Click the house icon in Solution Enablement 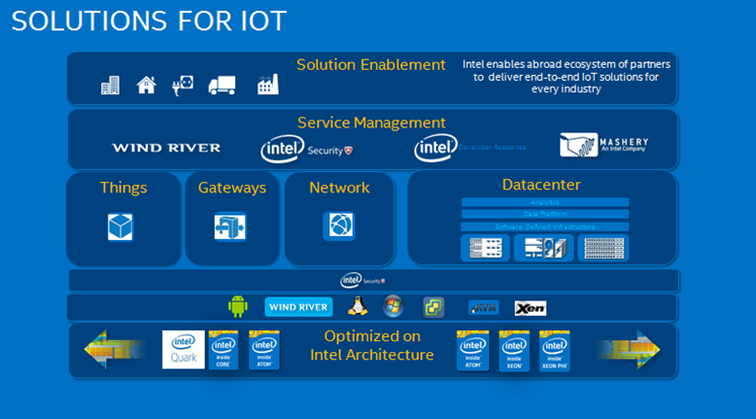click(x=146, y=85)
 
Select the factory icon click(x=268, y=85)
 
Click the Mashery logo click(x=603, y=146)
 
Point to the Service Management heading click(x=371, y=123)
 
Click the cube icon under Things click(x=120, y=227)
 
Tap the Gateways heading click(x=231, y=188)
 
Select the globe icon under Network click(x=338, y=226)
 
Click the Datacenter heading click(x=541, y=184)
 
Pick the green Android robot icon click(x=238, y=307)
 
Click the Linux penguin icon click(x=359, y=307)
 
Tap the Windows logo click(x=393, y=306)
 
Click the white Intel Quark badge click(x=184, y=350)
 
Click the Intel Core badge click(x=223, y=350)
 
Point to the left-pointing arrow click(x=115, y=350)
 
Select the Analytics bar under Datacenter click(x=544, y=202)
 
